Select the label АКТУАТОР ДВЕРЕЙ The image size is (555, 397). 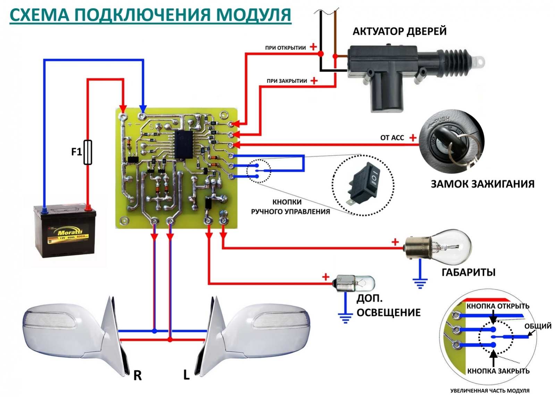coord(399,32)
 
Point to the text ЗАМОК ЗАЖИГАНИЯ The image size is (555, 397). coord(482,184)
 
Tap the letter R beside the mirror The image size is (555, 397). coord(137,375)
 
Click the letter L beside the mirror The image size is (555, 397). coord(186,375)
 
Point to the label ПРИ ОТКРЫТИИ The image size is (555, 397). coord(285,48)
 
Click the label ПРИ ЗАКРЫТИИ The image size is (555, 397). coord(287,81)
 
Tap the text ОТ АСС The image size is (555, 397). coord(392,138)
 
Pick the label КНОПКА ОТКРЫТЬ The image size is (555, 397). coord(498,306)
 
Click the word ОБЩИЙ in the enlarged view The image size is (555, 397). coord(538,326)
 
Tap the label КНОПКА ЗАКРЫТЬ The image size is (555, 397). coord(498,371)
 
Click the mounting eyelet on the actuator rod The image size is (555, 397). coord(480,61)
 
